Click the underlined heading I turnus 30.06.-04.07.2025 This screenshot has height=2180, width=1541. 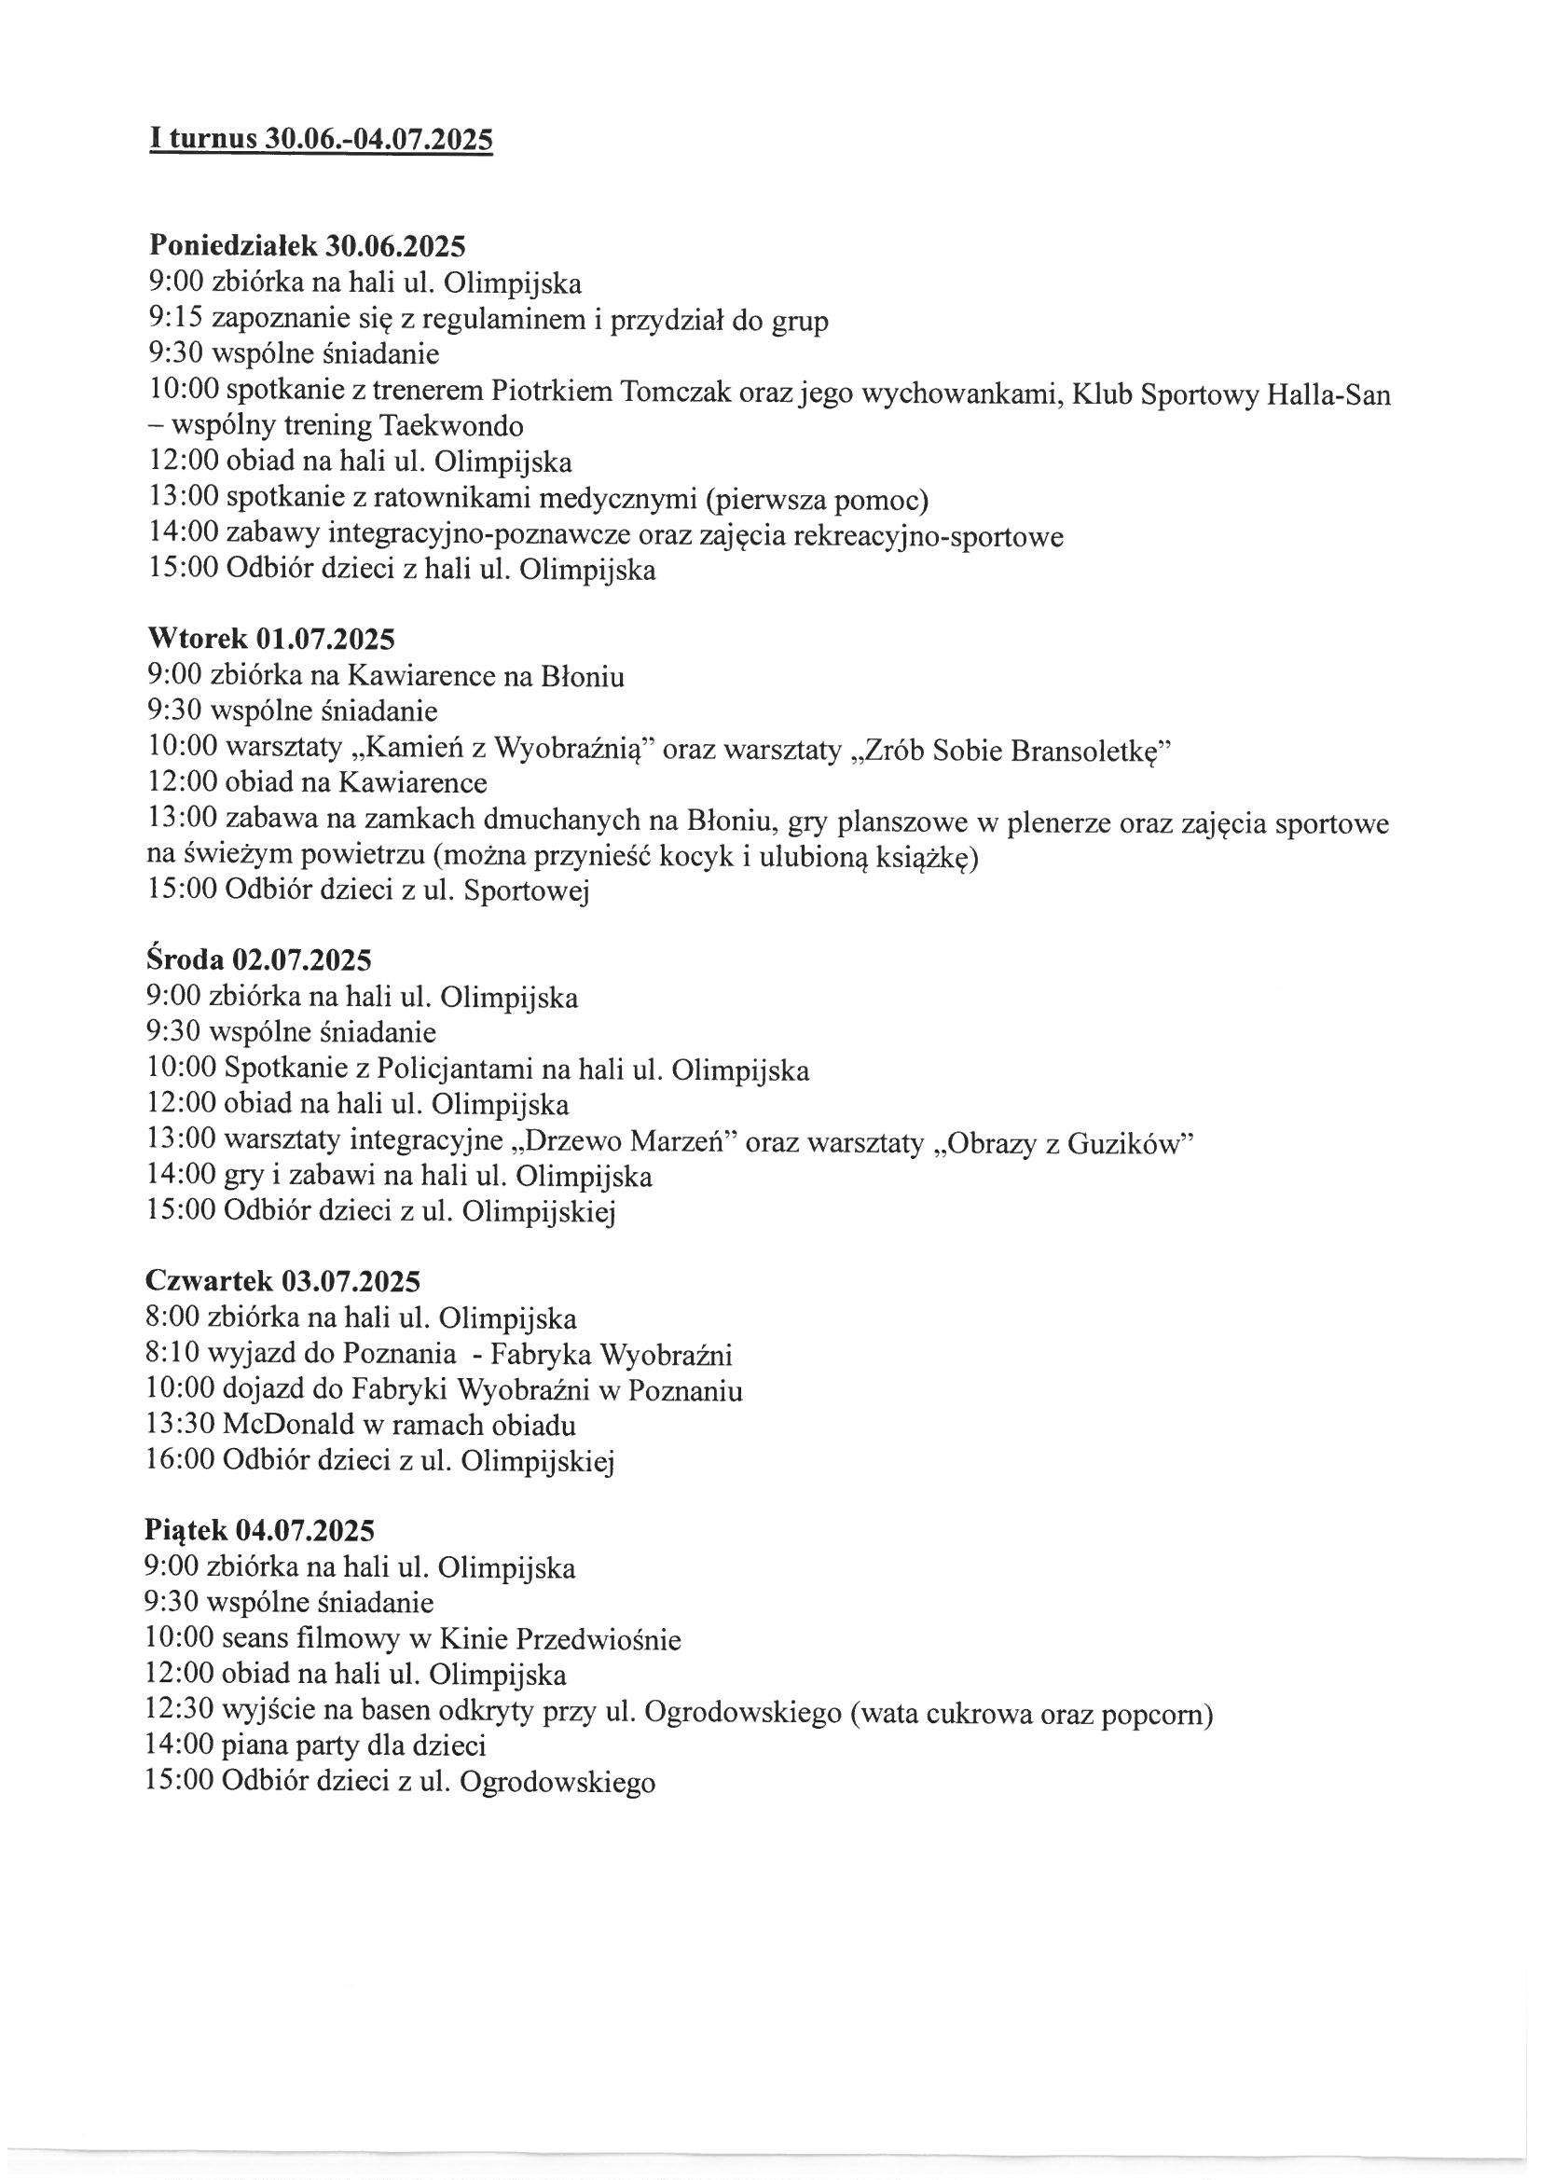tap(321, 139)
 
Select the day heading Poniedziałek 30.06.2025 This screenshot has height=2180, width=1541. tap(308, 246)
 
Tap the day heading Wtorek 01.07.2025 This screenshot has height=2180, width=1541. tap(270, 638)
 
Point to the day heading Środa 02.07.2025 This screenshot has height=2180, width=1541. tap(258, 959)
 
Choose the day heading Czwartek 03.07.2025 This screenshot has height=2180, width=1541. tap(282, 1281)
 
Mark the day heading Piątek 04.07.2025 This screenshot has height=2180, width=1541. tap(259, 1529)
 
